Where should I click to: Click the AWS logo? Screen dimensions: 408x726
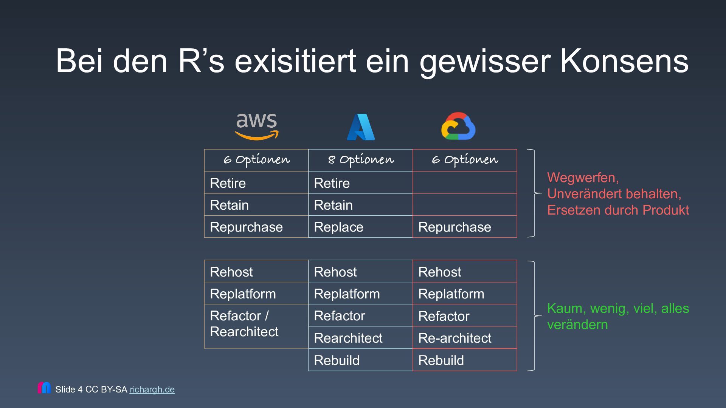coord(256,127)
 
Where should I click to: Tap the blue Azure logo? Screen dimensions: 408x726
coord(361,127)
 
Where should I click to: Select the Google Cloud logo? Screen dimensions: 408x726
coord(458,126)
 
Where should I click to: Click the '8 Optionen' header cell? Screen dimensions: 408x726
coord(360,160)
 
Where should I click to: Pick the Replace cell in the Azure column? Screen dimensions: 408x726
coord(360,227)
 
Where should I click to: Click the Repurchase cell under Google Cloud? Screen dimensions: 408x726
coord(464,227)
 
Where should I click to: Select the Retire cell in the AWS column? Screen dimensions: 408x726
coord(256,183)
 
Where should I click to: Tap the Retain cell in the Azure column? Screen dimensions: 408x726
coord(360,205)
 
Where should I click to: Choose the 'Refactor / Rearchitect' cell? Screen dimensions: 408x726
coord(256,324)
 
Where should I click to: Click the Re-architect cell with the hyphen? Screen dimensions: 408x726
coord(464,338)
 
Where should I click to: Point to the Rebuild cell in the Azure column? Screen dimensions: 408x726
coord(360,360)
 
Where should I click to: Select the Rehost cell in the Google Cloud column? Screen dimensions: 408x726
coord(464,272)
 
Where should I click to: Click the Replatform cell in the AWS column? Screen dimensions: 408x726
coord(256,294)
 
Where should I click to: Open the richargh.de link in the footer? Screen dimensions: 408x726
coord(152,389)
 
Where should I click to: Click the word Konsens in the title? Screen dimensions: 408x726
coord(624,61)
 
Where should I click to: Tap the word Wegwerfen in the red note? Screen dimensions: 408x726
coord(582,178)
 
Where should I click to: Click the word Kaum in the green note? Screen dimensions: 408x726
coord(564,309)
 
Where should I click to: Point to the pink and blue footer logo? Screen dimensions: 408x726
coord(44,388)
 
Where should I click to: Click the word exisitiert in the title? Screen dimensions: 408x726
coord(295,61)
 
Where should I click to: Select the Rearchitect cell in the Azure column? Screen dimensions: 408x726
coord(360,338)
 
